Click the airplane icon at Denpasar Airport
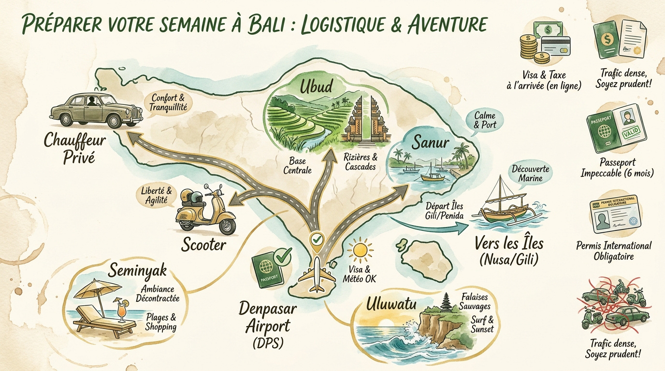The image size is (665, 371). (x=316, y=274)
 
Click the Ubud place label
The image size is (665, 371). (x=316, y=87)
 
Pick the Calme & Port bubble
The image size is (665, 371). (x=485, y=120)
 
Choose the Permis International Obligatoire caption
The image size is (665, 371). (x=614, y=251)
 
